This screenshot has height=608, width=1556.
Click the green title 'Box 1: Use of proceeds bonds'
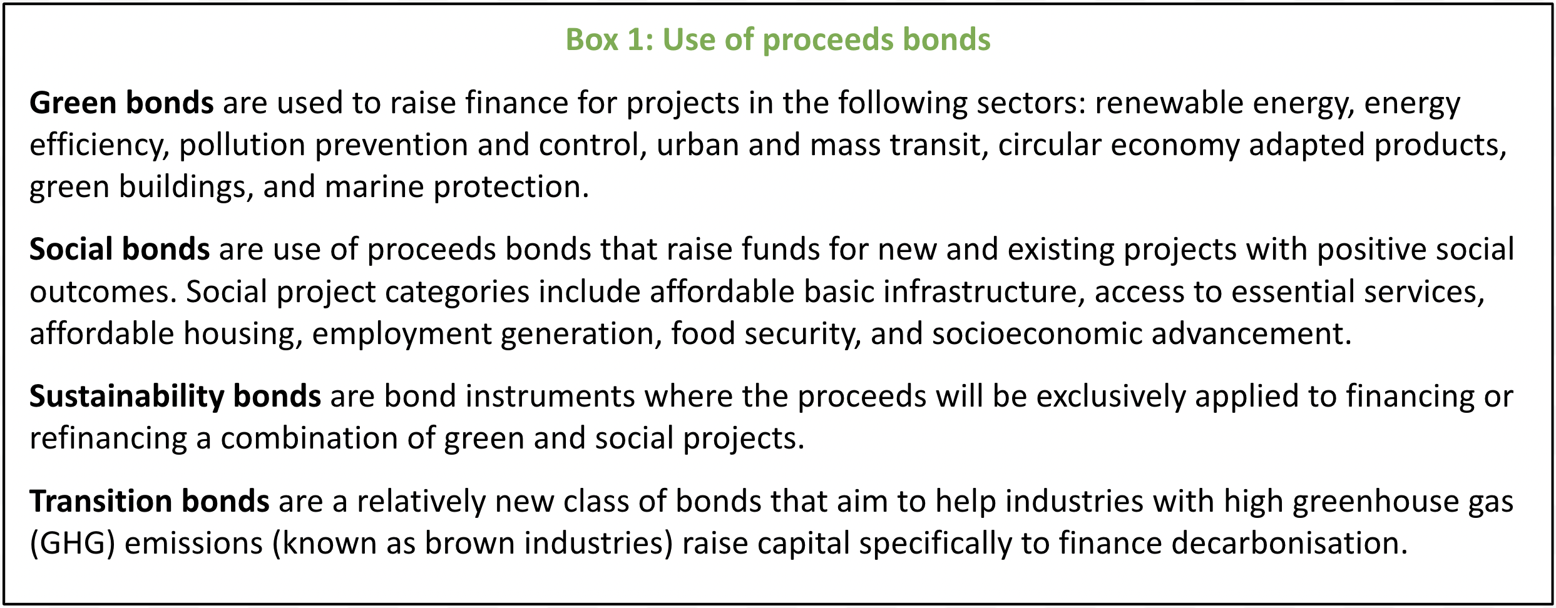point(778,40)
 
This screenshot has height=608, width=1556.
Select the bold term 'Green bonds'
point(121,103)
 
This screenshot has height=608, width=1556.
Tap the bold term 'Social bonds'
point(120,249)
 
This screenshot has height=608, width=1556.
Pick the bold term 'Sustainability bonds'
point(175,397)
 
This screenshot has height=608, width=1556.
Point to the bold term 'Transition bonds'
point(150,501)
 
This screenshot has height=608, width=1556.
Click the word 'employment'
point(401,334)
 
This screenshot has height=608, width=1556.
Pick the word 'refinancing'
point(108,438)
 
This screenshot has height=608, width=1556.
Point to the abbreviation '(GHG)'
point(73,544)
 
